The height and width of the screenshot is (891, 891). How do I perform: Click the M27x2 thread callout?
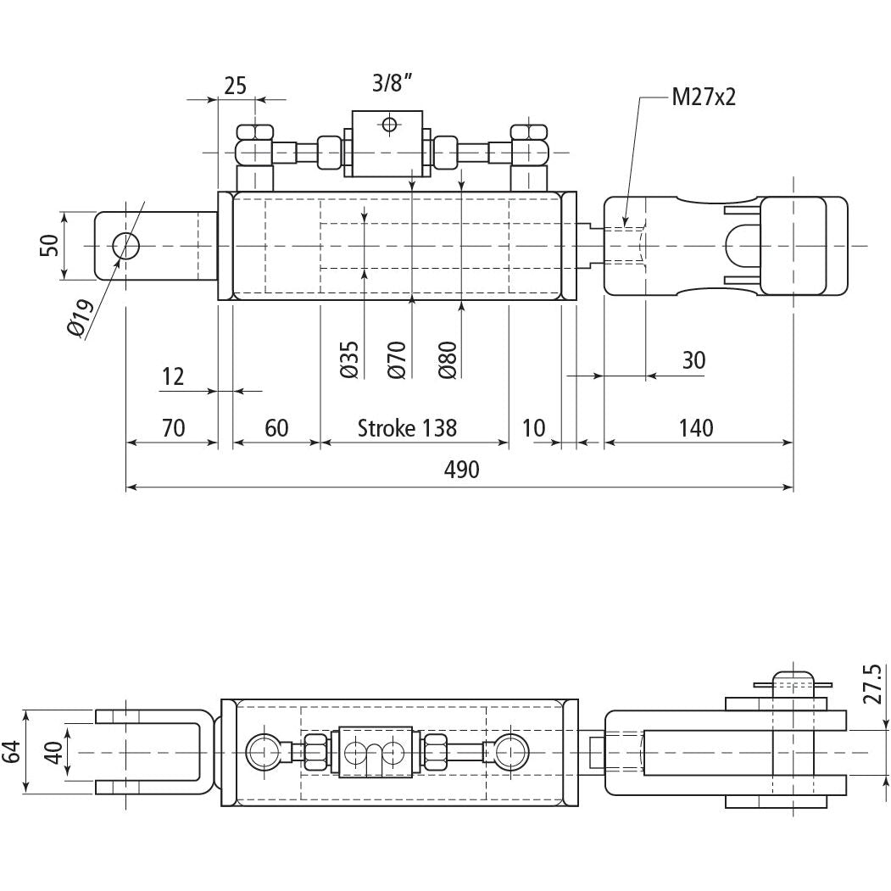click(x=703, y=97)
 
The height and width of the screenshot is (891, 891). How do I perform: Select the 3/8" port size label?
click(x=393, y=83)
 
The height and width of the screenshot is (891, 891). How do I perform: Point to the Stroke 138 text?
click(x=407, y=427)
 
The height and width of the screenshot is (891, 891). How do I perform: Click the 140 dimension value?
click(x=696, y=427)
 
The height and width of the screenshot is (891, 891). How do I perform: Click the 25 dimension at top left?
click(x=235, y=85)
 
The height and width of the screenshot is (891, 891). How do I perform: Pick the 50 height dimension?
click(x=49, y=245)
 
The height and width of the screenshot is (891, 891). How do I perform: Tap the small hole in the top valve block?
click(x=389, y=125)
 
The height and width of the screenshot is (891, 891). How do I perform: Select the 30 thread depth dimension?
click(x=693, y=360)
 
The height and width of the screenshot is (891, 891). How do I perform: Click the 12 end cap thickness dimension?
click(x=173, y=376)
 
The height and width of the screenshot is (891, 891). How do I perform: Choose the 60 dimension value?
click(x=276, y=427)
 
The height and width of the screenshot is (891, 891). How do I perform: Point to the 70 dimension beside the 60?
click(x=172, y=427)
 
